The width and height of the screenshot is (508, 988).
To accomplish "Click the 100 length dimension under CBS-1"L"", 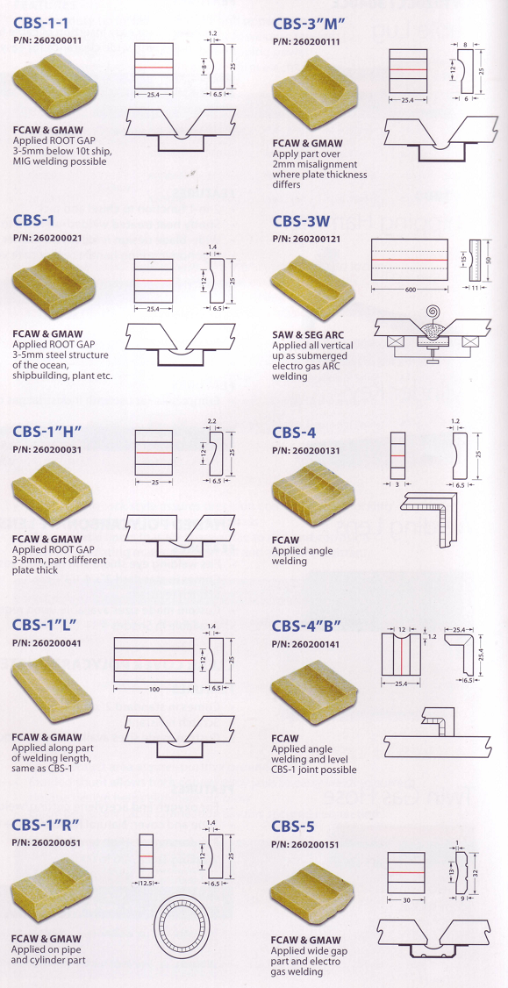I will click(154, 691).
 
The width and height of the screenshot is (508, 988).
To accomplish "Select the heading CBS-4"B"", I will click(306, 626).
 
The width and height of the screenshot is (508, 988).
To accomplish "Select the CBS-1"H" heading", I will click(47, 432).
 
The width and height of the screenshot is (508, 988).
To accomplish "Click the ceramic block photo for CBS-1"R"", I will click(50, 888).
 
